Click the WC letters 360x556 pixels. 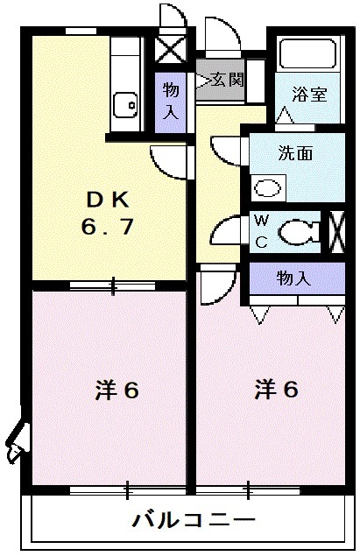pos(261,231)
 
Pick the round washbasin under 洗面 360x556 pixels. pos(266,186)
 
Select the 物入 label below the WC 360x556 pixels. pos(294,278)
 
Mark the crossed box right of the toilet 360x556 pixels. pos(334,232)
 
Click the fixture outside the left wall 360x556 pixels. pos(16,442)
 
